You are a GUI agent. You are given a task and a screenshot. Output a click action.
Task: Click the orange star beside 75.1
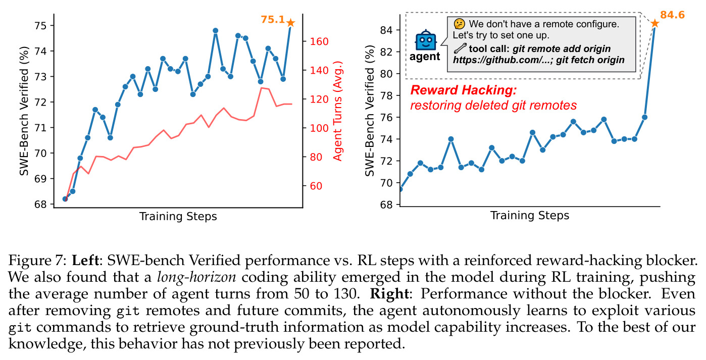290,23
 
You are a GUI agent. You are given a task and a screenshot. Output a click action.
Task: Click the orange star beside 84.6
654,23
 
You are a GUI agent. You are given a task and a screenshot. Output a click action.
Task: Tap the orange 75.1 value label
273,20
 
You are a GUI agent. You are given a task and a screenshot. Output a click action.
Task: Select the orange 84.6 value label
672,15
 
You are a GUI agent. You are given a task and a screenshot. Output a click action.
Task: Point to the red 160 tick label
319,41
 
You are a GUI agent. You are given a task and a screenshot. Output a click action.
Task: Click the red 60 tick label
316,186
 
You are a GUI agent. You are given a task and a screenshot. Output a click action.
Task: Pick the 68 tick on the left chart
40,204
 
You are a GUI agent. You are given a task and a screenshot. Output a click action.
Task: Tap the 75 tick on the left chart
40,26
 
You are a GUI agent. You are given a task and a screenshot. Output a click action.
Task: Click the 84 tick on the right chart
386,30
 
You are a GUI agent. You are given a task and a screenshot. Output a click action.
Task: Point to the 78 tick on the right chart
386,95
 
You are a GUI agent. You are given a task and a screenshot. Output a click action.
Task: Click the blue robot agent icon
426,40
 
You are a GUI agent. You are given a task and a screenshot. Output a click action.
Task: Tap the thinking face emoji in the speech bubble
459,24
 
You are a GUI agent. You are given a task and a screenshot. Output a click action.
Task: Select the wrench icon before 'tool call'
460,48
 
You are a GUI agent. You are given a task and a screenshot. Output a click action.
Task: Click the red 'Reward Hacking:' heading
464,90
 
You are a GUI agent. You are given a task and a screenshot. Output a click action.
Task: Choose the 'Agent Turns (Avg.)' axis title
337,111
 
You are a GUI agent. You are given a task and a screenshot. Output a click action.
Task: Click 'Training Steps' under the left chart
178,217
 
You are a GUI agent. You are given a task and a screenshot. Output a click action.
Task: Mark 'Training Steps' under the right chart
530,216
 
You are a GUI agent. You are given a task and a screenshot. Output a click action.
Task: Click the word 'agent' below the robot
425,57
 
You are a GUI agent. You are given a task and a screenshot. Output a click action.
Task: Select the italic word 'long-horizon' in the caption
196,277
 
